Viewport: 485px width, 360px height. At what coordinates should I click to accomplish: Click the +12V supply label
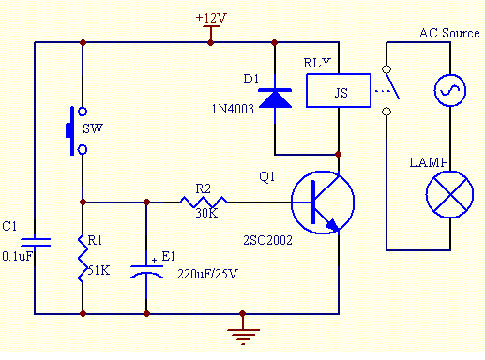pos(211,19)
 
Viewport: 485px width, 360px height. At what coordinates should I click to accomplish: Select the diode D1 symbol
pos(274,97)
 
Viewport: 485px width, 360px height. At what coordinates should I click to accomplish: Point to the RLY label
pos(317,63)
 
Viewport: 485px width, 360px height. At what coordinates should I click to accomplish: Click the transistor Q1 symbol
pos(322,202)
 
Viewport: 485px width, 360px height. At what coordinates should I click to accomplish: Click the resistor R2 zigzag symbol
pos(205,201)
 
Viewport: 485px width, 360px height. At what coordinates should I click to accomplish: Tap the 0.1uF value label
pos(18,255)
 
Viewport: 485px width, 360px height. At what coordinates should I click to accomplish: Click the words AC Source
pos(448,34)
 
